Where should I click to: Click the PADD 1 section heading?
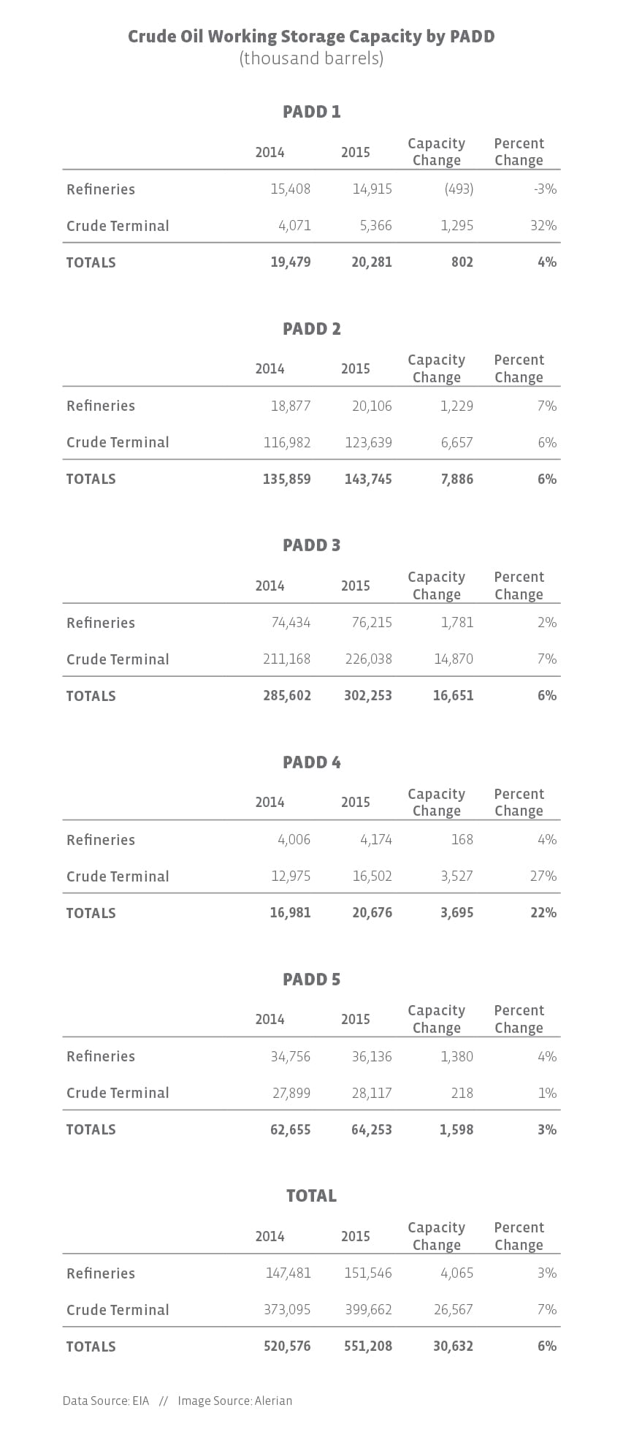point(311,112)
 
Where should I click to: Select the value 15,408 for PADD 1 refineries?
point(290,189)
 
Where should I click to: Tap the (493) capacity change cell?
point(459,189)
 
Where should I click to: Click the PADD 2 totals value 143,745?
point(368,480)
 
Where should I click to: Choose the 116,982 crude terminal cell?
point(287,443)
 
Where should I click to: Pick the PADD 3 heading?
point(311,545)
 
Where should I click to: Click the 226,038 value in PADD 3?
point(368,659)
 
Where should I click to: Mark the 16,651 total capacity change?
point(453,696)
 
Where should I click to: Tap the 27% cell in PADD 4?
point(543,876)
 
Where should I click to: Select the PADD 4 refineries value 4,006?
point(294,840)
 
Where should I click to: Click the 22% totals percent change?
point(543,913)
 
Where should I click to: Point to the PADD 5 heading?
point(311,980)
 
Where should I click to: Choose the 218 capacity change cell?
point(462,1094)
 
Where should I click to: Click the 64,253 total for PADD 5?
point(368,1130)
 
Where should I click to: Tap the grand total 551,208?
point(368,1346)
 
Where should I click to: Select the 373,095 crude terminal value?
point(287,1310)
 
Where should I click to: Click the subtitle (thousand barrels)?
point(311,58)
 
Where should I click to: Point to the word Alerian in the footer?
point(272,1401)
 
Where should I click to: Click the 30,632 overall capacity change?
point(453,1346)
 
